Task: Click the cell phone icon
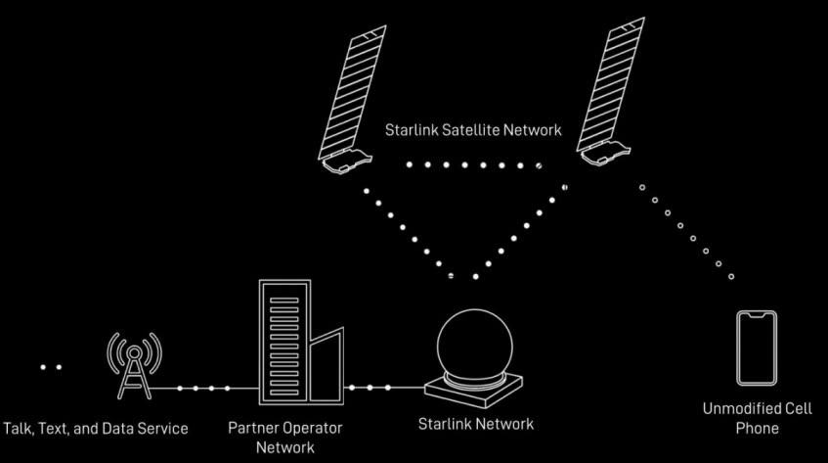757,347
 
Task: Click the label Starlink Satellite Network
474,130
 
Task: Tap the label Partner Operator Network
284,438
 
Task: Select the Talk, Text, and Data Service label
96,429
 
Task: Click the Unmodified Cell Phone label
757,418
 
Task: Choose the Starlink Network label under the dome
476,424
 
